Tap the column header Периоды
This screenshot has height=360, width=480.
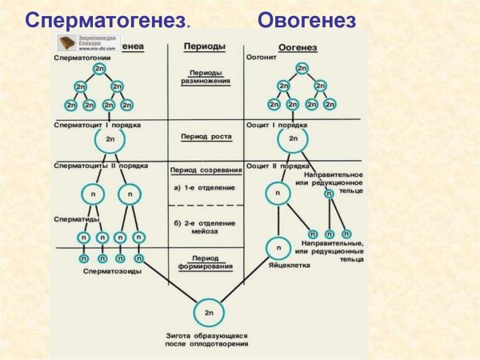[204, 48]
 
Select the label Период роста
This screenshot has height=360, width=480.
[205, 137]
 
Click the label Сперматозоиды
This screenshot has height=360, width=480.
[113, 272]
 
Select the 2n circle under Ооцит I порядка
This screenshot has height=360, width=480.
[293, 140]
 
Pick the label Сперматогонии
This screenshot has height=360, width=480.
[81, 59]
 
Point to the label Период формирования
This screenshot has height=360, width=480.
[205, 262]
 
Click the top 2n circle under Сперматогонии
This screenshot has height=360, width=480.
[99, 70]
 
